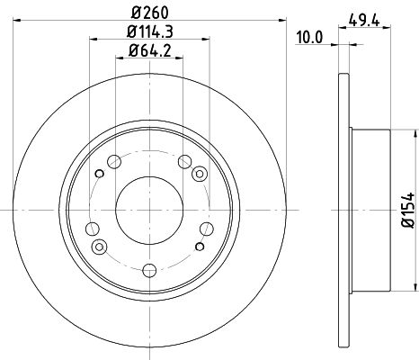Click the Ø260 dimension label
(150, 13)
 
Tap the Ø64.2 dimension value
(150, 52)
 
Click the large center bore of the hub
(150, 206)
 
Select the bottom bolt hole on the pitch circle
(150, 266)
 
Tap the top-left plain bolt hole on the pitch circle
(114, 163)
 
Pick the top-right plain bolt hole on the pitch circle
(186, 163)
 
